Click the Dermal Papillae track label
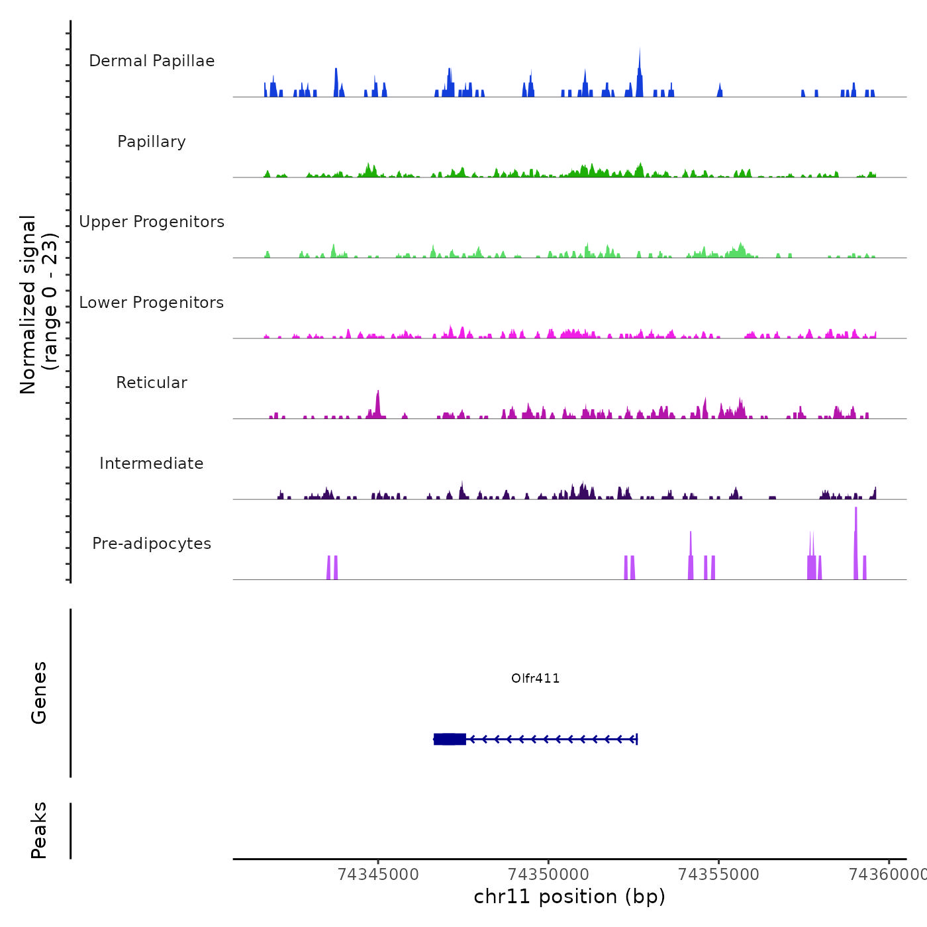tap(152, 61)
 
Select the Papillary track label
tap(152, 142)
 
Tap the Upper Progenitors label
tap(152, 222)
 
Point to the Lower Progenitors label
tap(152, 303)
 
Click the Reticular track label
tap(152, 383)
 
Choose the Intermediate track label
tap(152, 463)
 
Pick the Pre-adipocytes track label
tap(152, 544)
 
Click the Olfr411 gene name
tap(536, 678)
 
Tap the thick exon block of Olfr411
tap(450, 739)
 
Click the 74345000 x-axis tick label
tap(378, 875)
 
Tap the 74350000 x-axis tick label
tap(549, 875)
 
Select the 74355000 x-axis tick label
tap(719, 875)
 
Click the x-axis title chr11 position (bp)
tap(569, 897)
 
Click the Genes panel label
tap(39, 693)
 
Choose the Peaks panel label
tap(39, 830)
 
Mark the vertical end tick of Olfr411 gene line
tap(636, 739)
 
